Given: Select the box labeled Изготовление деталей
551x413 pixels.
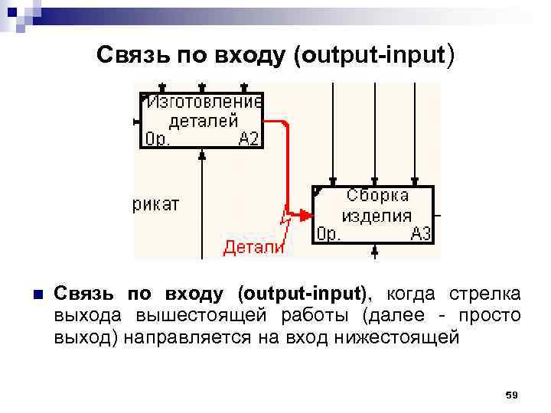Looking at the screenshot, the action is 202,119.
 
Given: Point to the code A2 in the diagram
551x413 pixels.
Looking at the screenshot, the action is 249,138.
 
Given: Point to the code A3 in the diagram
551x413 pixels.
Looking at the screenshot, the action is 421,233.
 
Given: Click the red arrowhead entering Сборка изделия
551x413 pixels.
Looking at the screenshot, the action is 305,214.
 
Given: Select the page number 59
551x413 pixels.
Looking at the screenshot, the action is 512,395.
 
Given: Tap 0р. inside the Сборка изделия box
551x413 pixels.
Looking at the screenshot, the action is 330,233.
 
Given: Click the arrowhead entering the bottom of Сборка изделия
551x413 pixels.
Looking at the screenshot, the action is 374,250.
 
